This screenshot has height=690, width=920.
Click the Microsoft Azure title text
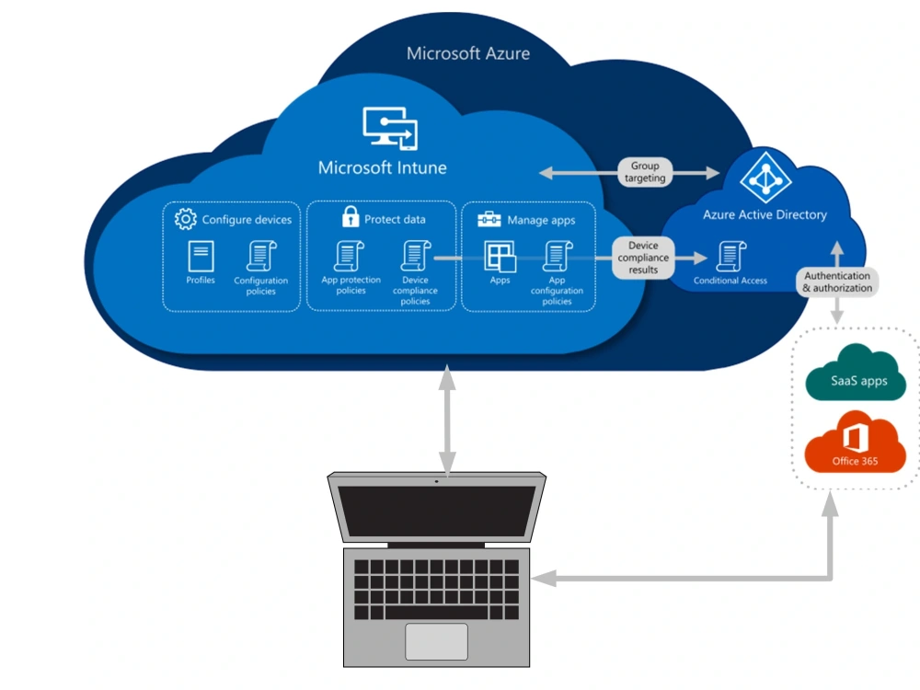tap(468, 53)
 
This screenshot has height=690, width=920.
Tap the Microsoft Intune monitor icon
tap(389, 128)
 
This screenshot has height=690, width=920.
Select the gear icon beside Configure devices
tap(186, 219)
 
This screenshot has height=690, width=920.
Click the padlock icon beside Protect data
tap(350, 217)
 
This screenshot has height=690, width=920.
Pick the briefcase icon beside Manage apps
tap(489, 219)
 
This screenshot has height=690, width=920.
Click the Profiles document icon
tap(201, 257)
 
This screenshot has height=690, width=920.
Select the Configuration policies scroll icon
tap(260, 257)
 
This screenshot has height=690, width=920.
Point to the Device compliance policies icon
tap(415, 256)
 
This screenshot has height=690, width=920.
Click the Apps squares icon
tap(500, 256)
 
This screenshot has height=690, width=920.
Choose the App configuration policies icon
tap(557, 256)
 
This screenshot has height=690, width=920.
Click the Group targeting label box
tap(645, 172)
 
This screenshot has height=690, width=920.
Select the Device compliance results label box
tap(644, 258)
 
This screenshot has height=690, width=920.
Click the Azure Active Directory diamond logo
tap(760, 178)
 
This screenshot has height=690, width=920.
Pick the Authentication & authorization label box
tap(836, 282)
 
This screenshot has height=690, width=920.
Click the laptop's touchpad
tap(436, 641)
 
